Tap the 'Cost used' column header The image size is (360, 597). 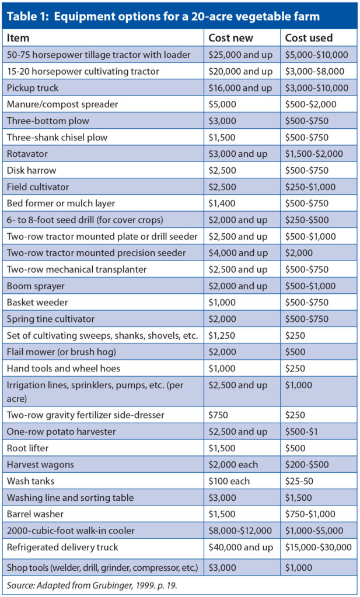(308, 38)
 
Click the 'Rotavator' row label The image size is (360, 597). (27, 154)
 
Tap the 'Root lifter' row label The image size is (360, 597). (29, 448)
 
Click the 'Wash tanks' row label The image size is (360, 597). (30, 481)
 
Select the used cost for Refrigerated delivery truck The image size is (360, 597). (318, 547)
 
